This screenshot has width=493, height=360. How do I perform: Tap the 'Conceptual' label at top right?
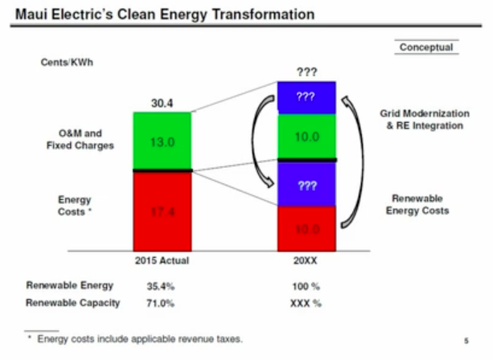coord(426,47)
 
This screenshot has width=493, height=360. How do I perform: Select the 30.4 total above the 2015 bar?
coord(163,103)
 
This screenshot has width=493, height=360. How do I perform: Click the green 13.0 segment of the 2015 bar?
coord(163,141)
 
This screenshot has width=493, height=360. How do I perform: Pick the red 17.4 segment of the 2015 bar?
coord(163,212)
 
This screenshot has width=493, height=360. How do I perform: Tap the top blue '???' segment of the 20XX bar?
coord(306,96)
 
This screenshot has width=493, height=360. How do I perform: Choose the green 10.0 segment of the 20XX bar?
coord(306,137)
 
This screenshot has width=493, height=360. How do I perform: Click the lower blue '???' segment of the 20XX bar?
coord(306,185)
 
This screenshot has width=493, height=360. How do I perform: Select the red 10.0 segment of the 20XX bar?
coord(306,229)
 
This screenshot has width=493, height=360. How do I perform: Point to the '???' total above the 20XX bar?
coord(306,72)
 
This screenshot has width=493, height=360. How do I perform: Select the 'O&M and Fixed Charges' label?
coord(80,139)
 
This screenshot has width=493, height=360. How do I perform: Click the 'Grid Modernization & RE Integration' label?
coord(424,121)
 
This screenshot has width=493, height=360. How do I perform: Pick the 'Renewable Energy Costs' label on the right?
coord(417,204)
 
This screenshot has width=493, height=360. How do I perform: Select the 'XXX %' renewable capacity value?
coord(306,303)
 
